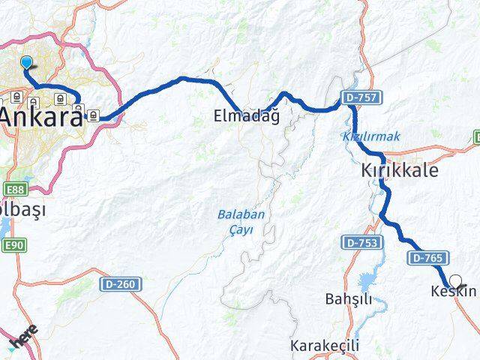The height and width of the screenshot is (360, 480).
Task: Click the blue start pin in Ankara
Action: (x=27, y=63)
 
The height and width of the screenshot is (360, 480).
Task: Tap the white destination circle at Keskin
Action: (x=454, y=281)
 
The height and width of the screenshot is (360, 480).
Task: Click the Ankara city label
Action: (x=41, y=117)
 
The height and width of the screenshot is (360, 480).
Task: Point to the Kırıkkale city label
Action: (x=394, y=170)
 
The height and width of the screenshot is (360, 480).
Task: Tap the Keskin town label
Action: (x=454, y=291)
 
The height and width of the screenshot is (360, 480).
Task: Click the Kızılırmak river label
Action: (x=371, y=136)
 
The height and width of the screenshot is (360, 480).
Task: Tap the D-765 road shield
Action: (x=425, y=257)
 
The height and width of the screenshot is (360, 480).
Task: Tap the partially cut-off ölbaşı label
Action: (x=22, y=210)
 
